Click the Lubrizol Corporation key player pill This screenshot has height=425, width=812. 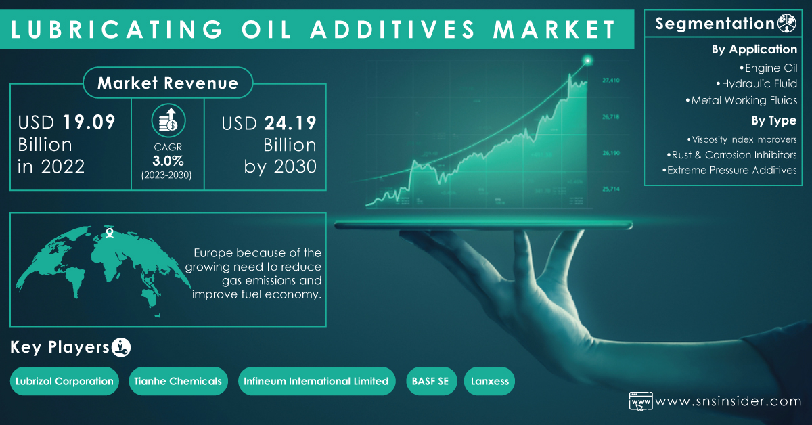64,381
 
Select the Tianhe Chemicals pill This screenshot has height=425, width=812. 178,381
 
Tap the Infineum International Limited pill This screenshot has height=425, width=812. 317,381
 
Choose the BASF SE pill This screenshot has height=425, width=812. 431,381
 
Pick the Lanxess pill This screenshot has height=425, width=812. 489,381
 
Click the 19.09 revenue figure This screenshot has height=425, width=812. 89,122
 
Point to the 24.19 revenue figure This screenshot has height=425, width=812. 290,123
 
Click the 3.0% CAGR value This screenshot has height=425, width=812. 168,160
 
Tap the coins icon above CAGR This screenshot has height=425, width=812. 168,120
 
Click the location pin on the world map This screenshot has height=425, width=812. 110,232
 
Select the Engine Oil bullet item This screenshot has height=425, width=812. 768,68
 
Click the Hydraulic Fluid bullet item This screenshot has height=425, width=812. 757,84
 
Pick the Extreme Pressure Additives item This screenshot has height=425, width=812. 729,170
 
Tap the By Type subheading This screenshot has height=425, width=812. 773,120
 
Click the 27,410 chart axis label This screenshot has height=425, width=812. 611,80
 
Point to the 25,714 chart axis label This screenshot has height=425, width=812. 611,189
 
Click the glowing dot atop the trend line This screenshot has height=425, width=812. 587,60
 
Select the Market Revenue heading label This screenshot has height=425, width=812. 168,83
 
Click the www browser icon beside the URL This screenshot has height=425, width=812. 641,401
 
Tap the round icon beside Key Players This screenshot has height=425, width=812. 120,347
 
